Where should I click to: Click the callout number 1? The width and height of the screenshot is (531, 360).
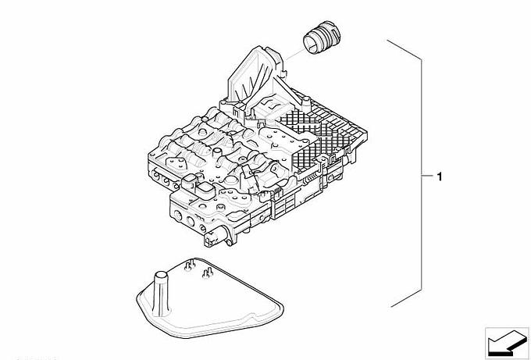coord(439,176)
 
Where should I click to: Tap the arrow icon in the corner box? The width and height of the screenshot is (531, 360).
coord(507,342)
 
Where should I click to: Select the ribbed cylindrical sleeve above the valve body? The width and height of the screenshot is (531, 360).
coord(322,37)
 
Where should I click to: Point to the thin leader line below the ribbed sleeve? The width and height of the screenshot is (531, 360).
coord(294,55)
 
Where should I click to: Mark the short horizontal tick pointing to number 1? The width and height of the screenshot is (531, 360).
coord(427,176)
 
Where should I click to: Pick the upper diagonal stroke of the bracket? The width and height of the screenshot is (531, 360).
coord(404,50)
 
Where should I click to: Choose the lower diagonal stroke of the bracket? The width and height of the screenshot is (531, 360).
coord(406,298)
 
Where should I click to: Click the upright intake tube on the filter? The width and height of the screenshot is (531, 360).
coord(161,292)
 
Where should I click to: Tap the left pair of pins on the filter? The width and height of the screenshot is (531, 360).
coord(189,265)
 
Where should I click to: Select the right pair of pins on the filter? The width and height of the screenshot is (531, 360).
coord(207,273)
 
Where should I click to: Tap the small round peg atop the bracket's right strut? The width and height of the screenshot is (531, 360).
coord(306,100)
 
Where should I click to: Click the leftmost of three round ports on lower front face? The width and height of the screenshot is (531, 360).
coord(177,214)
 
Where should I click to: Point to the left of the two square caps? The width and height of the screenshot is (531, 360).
coord(189,182)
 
